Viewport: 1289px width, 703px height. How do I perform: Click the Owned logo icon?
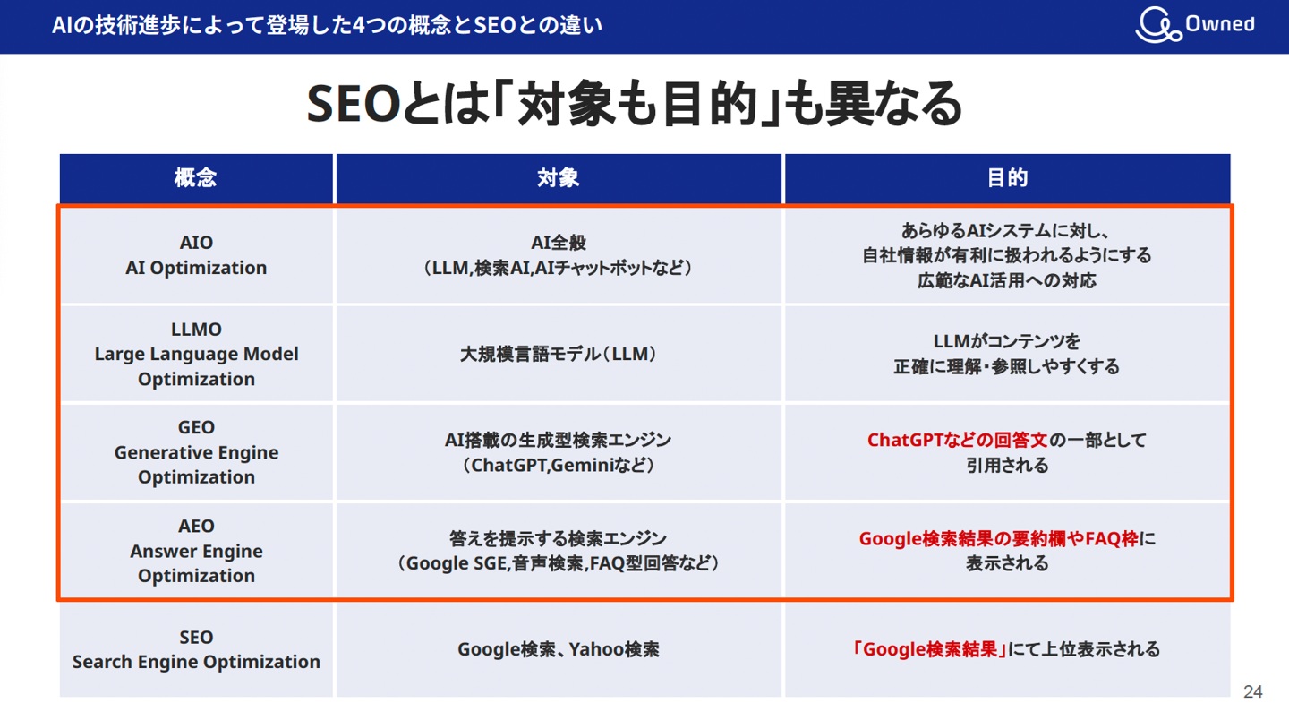(x=1157, y=26)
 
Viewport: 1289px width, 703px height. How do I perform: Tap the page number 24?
(x=1253, y=691)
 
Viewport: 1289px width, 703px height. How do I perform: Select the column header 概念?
(x=195, y=178)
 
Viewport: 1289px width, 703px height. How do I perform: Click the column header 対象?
(x=558, y=178)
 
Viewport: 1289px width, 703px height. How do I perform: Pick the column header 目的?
(x=1007, y=178)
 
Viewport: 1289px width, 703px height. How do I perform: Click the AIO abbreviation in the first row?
(x=196, y=243)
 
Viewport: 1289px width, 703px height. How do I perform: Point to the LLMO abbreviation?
(x=196, y=329)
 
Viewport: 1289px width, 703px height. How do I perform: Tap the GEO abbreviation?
(x=196, y=427)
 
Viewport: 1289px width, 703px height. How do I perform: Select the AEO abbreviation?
(x=196, y=526)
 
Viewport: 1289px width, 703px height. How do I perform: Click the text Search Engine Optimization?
(x=196, y=662)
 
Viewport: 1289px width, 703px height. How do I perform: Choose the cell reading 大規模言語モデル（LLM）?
(x=558, y=354)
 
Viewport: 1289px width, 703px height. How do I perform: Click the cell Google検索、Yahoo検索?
(x=558, y=649)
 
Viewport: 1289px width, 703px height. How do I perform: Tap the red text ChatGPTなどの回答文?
(x=957, y=440)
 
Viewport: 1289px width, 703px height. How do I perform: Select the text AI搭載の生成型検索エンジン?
(x=558, y=440)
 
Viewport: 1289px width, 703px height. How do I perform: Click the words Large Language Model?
(x=196, y=354)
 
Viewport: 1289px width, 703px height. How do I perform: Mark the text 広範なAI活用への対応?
(x=1007, y=280)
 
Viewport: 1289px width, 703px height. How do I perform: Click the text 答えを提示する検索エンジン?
(x=558, y=538)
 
